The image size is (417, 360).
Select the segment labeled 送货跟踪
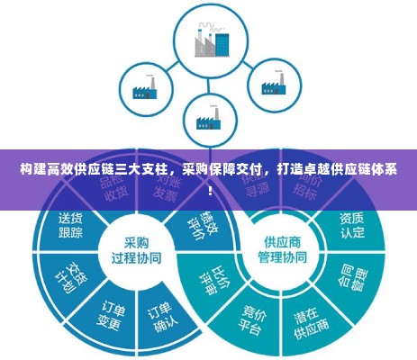(x=70, y=225)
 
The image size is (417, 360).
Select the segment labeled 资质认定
(x=351, y=225)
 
